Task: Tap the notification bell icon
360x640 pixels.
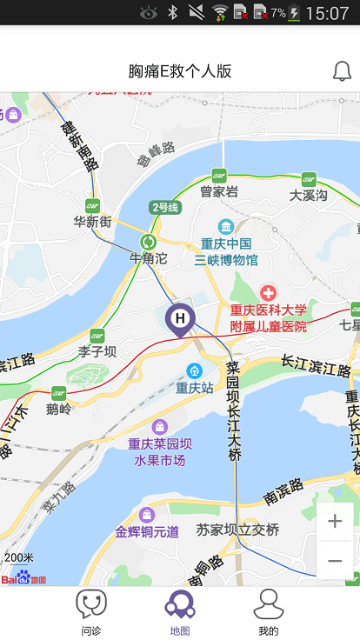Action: [x=342, y=71]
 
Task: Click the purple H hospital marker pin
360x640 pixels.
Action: [x=180, y=319]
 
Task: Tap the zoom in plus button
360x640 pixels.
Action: [x=335, y=522]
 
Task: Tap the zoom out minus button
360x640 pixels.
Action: [x=335, y=561]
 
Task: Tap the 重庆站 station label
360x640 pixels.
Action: [x=195, y=387]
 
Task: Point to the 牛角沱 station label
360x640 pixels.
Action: [x=148, y=257]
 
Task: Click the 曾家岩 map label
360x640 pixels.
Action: [x=219, y=191]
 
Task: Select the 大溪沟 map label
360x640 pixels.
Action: [x=309, y=195]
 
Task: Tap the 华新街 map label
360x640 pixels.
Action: [x=93, y=222]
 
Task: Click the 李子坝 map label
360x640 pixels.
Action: [x=97, y=351]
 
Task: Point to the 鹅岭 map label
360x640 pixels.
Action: [x=59, y=408]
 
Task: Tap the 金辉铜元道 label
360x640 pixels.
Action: [x=147, y=530]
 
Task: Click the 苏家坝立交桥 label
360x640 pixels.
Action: [x=237, y=530]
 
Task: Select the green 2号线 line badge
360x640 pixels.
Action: [x=164, y=207]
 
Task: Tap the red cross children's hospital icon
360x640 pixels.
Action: [x=268, y=293]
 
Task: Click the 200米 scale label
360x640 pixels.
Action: [x=19, y=557]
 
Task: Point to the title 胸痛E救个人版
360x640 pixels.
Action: [x=180, y=71]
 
